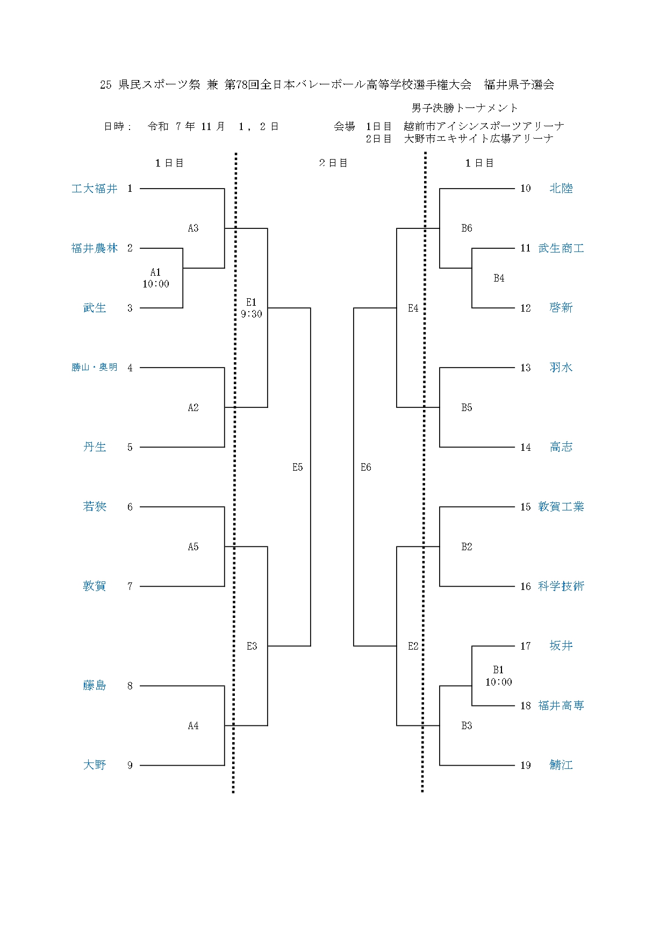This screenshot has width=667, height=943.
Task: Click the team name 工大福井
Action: click(x=95, y=189)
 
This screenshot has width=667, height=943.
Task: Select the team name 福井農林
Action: click(x=95, y=248)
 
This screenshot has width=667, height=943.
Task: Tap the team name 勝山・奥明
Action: click(x=95, y=368)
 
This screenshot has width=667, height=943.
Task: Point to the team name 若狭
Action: click(x=95, y=507)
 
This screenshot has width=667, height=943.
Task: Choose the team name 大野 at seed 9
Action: click(x=95, y=765)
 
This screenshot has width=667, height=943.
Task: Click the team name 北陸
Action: click(x=561, y=189)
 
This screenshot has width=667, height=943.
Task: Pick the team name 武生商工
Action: click(x=561, y=248)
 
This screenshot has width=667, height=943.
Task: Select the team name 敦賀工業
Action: click(x=561, y=507)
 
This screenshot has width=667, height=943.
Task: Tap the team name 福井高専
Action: click(x=561, y=706)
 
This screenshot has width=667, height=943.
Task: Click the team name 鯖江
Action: click(x=561, y=765)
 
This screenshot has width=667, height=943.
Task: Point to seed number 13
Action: click(x=525, y=368)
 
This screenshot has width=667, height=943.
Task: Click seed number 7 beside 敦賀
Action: click(x=130, y=586)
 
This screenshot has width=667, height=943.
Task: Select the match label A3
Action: click(x=193, y=228)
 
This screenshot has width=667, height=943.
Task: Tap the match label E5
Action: click(x=298, y=467)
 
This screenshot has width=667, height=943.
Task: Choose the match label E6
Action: click(x=366, y=467)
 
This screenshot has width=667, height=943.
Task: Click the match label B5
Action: click(x=467, y=408)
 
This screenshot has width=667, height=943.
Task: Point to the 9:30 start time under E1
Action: click(x=252, y=314)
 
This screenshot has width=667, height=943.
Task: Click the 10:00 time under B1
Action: click(x=499, y=682)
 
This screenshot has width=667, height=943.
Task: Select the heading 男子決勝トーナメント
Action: click(x=465, y=109)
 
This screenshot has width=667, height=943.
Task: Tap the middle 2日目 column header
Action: click(x=333, y=163)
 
